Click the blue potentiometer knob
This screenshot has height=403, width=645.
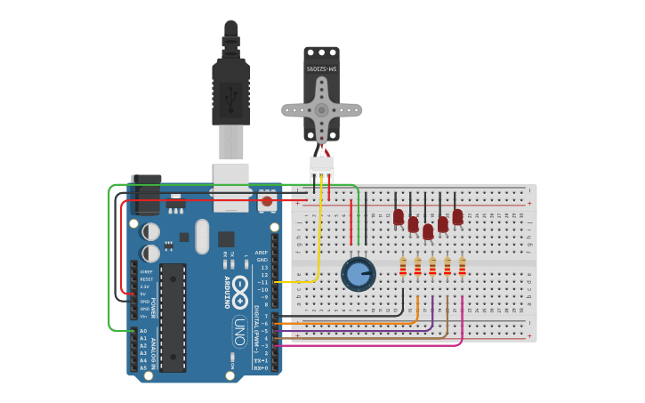[x=358, y=274]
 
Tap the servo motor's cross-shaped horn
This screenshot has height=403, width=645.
[x=322, y=110]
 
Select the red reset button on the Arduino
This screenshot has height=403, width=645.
[x=267, y=202]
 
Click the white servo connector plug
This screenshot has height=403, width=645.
[x=321, y=166]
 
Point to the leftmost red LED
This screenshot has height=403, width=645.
[x=399, y=216]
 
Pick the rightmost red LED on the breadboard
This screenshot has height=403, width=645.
[x=457, y=216]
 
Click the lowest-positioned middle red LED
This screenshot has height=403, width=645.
[x=428, y=231]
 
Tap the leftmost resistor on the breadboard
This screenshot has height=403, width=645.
[x=403, y=266]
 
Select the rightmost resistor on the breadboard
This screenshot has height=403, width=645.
[x=462, y=266]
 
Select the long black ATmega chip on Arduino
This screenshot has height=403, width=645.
[x=173, y=316]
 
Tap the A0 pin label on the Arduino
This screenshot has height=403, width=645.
[x=142, y=331]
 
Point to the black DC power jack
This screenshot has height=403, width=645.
[x=145, y=194]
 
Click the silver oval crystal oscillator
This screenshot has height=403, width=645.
[x=201, y=237]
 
